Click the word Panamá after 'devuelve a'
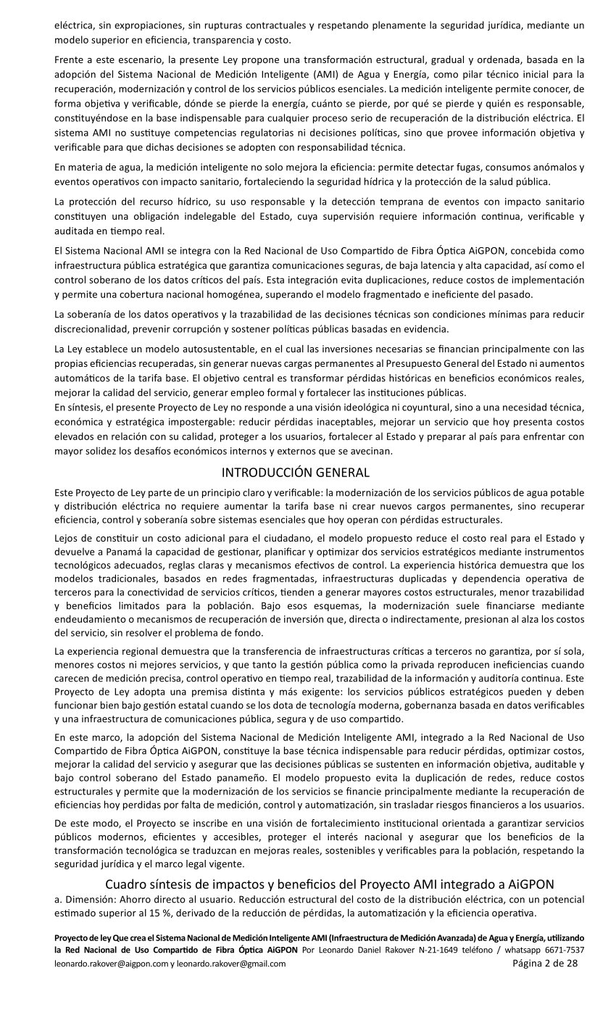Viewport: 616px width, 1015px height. (119, 551)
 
